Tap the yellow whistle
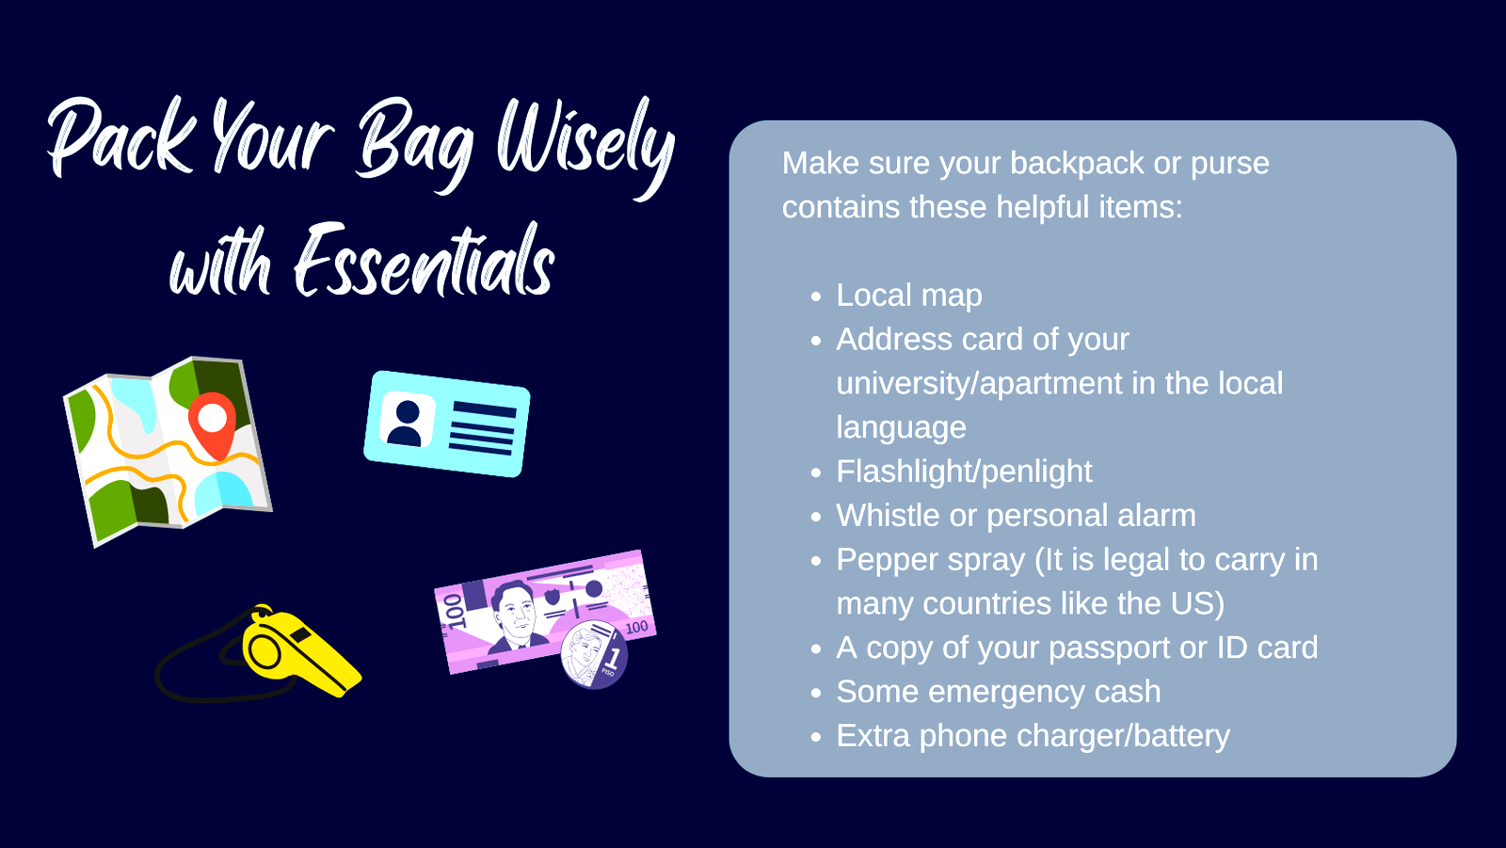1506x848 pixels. pos(300,652)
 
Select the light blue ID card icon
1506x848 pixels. pos(446,424)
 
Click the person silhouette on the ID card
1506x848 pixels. pos(406,424)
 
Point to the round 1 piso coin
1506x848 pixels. pos(594,654)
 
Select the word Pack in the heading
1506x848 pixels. pos(121,136)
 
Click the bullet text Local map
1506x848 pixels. pos(909,296)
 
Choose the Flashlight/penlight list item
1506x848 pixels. pos(964,472)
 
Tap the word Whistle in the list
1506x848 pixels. pos(888,516)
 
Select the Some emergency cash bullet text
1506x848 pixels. pos(999,692)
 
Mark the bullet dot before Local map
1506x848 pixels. pos(816,296)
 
